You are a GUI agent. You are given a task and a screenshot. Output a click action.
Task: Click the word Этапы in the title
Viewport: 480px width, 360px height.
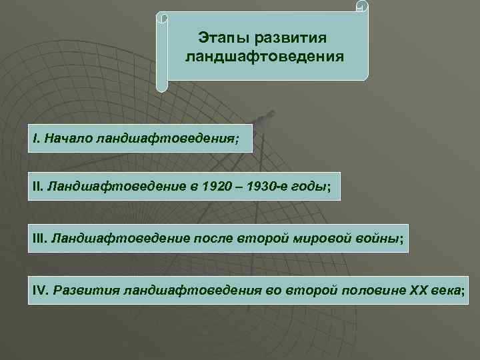click(222, 35)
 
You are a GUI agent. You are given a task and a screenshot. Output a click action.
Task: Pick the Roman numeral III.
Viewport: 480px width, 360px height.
click(39, 238)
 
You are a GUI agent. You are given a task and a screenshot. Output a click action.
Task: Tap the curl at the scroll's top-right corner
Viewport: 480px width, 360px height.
click(361, 7)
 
